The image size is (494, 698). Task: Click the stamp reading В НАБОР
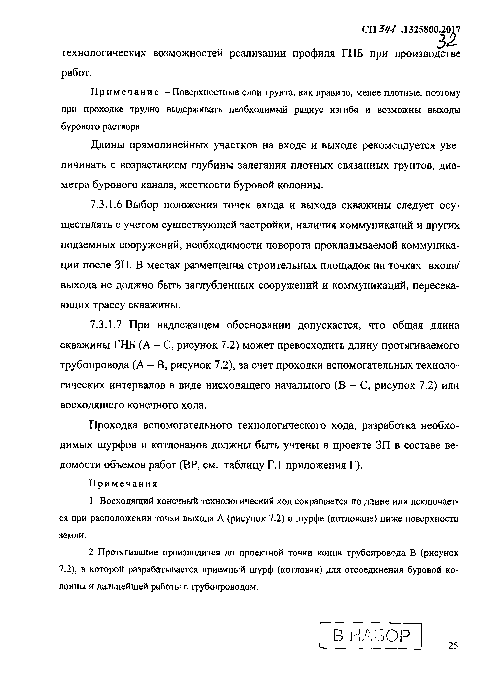click(371, 636)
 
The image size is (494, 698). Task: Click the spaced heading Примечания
click(123, 484)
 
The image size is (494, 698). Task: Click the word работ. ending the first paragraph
click(76, 73)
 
